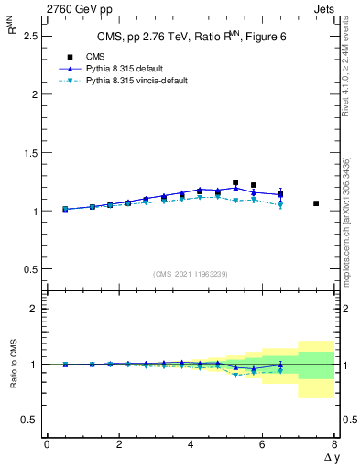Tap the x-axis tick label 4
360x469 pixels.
[x=191, y=445]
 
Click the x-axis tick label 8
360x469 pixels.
[x=334, y=445]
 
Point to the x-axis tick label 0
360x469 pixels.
[x=47, y=445]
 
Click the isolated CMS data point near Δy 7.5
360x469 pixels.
[x=316, y=203]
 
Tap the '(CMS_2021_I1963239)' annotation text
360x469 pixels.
[x=191, y=274]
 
